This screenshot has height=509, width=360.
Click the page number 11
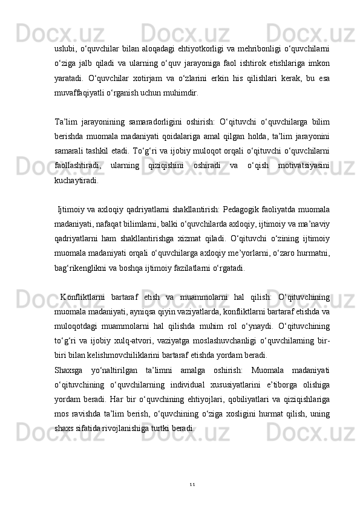point(192,484)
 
